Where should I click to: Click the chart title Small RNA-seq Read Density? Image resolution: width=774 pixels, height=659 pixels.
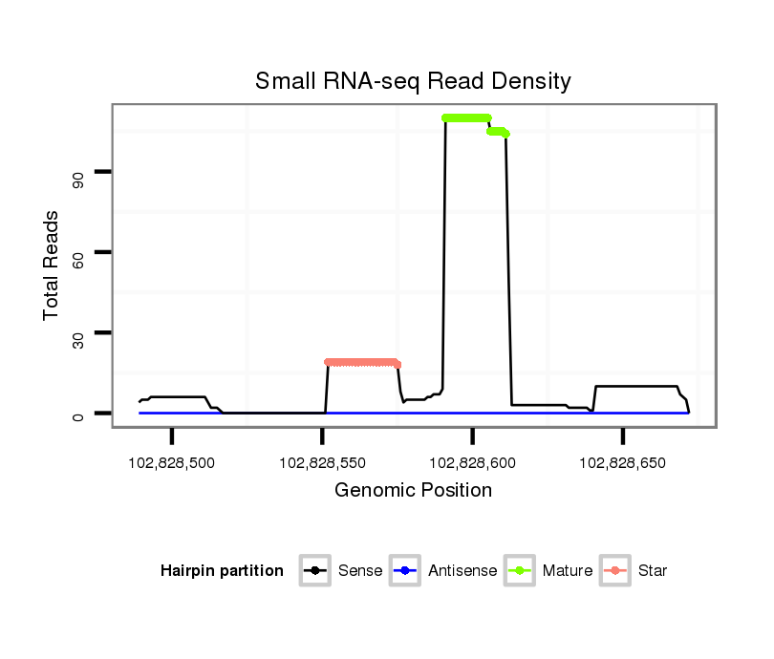point(413,81)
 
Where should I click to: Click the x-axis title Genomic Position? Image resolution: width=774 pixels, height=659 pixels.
point(413,491)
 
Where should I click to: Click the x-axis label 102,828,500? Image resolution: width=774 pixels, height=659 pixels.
point(172,462)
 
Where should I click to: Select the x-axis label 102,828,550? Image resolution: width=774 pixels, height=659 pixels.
point(322,462)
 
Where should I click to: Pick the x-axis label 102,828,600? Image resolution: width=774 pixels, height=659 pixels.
point(472,462)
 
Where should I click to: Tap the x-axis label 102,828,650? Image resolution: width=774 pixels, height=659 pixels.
point(622,462)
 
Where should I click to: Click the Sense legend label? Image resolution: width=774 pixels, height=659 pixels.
point(360,571)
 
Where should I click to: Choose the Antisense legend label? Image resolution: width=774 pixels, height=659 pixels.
point(462,571)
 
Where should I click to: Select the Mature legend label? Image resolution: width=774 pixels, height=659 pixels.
point(568,571)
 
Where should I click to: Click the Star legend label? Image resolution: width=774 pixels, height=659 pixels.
point(653,571)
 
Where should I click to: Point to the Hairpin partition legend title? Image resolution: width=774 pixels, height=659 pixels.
point(222,571)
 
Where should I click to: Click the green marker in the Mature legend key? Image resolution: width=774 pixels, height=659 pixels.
point(521,571)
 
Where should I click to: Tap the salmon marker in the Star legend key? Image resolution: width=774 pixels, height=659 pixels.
point(616,571)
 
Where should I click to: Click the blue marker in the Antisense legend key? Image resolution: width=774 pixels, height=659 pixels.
point(406,571)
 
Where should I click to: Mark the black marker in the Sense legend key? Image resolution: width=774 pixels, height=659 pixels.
point(316,571)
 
